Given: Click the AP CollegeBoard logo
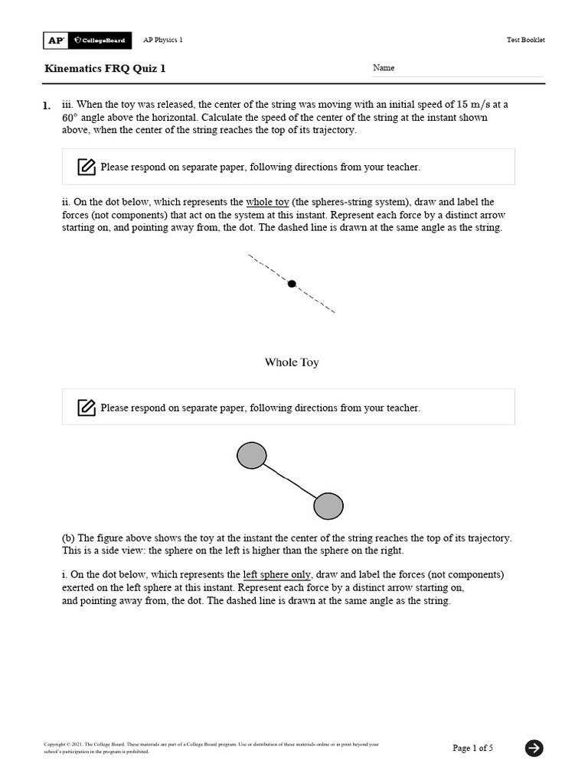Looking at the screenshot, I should (87, 40).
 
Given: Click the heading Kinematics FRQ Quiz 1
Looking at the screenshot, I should (105, 69).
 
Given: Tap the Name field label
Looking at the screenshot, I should (384, 68).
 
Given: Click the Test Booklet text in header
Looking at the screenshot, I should (526, 40).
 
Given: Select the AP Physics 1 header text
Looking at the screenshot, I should (163, 40).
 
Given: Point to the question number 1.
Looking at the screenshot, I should (47, 106).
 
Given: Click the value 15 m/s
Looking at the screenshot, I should (475, 105).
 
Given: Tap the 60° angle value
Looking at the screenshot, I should (72, 118).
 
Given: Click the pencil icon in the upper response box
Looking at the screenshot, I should (87, 167).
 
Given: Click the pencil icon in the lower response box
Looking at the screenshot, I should (87, 408).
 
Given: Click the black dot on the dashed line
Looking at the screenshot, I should (292, 284).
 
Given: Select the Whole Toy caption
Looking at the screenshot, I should (292, 362).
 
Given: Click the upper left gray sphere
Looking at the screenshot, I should (252, 456).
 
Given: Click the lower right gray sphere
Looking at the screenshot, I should (328, 505).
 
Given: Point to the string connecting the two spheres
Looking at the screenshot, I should (290, 481).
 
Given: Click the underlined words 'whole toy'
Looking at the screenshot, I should (267, 203).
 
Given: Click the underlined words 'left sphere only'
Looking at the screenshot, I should (276, 574).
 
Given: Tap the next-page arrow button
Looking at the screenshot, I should (534, 748).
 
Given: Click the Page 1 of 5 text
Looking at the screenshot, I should (472, 748).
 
